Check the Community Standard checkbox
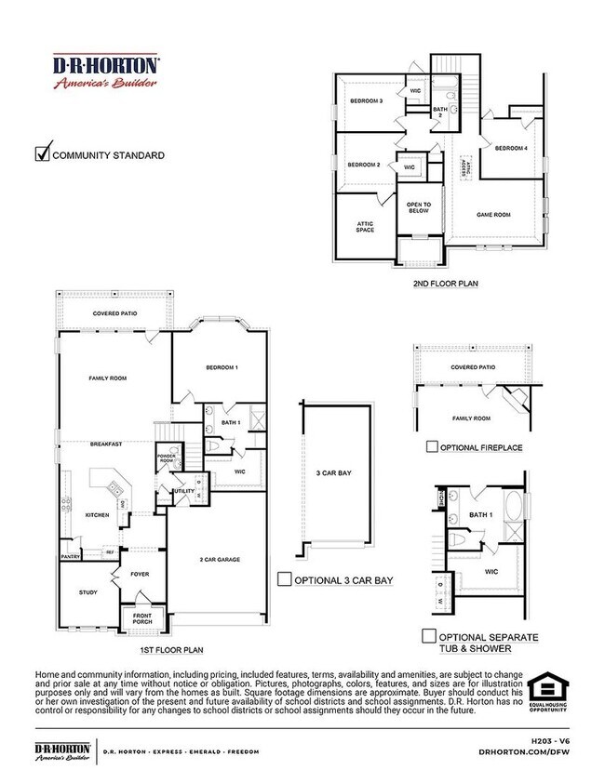point(42,153)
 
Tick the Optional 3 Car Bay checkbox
point(285,578)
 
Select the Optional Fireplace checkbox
point(432,446)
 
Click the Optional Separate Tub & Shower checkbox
point(429,636)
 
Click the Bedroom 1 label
point(222,368)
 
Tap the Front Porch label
point(142,618)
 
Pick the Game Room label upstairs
point(495,215)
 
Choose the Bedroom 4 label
point(511,149)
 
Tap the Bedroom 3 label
point(366,100)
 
